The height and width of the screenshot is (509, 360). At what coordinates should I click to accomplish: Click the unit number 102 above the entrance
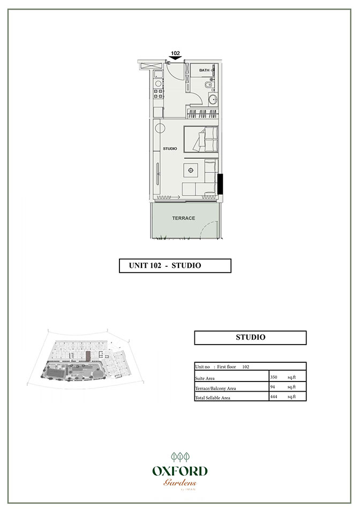[175, 54]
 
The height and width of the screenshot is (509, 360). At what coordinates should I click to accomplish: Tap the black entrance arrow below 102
[175, 59]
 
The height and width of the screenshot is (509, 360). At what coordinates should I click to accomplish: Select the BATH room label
[204, 70]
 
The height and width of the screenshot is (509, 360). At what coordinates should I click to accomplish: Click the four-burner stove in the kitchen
[159, 95]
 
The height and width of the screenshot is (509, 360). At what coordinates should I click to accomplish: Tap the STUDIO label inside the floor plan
[169, 148]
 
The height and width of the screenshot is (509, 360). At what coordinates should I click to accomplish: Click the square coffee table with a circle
[191, 171]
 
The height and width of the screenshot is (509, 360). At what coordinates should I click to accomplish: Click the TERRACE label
[183, 218]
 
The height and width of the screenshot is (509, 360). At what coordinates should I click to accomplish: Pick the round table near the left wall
[160, 128]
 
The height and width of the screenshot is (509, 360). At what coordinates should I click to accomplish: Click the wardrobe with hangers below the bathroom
[203, 114]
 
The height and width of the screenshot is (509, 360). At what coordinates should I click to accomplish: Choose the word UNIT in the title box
[139, 266]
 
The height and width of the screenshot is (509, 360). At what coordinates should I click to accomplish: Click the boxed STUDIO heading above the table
[250, 338]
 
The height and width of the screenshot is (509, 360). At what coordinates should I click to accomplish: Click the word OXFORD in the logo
[179, 471]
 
